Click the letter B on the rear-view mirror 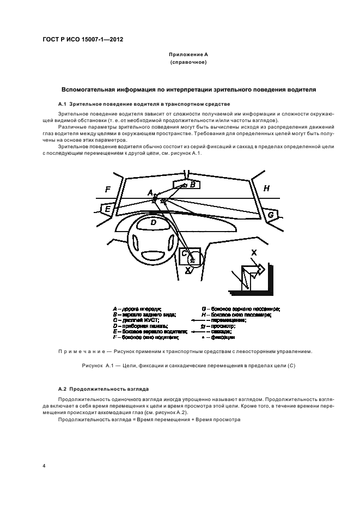pyautogui.click(x=192, y=185)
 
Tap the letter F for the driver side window pyautogui.click(x=108, y=189)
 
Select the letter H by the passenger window pyautogui.click(x=266, y=188)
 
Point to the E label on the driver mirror pyautogui.click(x=108, y=209)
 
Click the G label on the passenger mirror pyautogui.click(x=270, y=215)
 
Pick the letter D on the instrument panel pyautogui.click(x=154, y=222)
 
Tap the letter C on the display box pyautogui.click(x=185, y=253)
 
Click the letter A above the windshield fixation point pyautogui.click(x=150, y=192)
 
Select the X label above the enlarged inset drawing pyautogui.click(x=254, y=252)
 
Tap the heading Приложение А pyautogui.click(x=188, y=55)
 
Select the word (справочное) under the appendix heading pyautogui.click(x=188, y=63)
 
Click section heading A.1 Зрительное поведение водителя pyautogui.click(x=144, y=104)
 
